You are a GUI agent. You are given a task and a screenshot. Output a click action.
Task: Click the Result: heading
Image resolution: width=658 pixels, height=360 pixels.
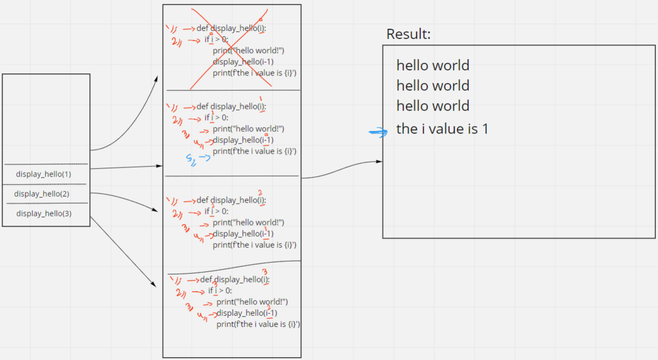coord(408,34)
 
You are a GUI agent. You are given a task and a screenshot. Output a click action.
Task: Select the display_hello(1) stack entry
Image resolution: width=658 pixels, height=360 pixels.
coord(44,174)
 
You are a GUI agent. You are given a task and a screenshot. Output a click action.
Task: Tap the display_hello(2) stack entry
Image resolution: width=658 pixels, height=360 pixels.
coord(42,194)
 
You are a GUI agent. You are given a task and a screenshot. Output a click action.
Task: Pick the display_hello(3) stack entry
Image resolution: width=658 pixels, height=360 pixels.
coord(44,213)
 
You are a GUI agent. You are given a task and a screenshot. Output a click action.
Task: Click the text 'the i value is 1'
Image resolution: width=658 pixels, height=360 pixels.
coord(442,129)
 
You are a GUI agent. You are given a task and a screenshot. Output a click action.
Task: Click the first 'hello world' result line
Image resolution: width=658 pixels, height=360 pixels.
coord(433,65)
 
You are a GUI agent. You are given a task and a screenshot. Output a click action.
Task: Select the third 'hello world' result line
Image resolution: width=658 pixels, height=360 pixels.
coord(433,106)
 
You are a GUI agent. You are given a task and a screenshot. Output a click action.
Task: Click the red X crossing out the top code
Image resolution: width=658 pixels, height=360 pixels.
coord(229,48)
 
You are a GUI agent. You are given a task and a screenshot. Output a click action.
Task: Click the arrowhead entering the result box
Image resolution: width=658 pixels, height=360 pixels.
coord(380,161)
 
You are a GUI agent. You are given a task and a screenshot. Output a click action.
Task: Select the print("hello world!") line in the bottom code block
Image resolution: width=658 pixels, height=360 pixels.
coord(252,302)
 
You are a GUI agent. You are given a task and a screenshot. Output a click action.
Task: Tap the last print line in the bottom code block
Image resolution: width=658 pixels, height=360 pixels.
coord(258,324)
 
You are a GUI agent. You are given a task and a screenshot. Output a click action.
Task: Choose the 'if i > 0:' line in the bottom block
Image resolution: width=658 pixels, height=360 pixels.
coord(220,290)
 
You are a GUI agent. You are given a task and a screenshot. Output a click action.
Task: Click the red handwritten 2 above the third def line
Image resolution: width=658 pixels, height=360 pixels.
coord(260,192)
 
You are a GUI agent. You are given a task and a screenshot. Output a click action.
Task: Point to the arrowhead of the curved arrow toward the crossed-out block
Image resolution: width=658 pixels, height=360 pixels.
coord(157,78)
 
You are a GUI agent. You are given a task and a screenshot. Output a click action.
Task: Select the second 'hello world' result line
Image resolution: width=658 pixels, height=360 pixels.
coord(433,86)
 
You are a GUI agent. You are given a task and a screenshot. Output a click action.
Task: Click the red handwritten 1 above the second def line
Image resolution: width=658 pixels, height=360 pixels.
coord(261,99)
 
